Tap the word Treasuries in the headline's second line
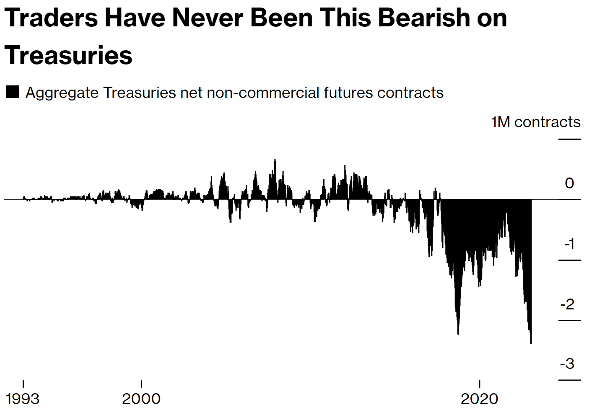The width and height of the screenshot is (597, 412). click(x=68, y=56)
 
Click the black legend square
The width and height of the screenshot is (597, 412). click(x=13, y=92)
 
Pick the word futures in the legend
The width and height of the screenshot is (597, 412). click(x=348, y=93)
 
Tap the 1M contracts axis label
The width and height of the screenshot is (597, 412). click(x=535, y=122)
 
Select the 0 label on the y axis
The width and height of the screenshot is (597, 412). click(x=569, y=183)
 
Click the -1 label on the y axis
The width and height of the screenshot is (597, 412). click(x=569, y=244)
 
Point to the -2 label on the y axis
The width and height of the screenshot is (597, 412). click(x=567, y=304)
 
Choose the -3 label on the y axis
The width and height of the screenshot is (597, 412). click(x=567, y=364)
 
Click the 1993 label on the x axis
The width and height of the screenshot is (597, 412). click(x=23, y=399)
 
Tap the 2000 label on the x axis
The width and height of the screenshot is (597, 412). click(x=141, y=399)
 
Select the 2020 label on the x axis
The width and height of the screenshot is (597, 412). click(x=479, y=399)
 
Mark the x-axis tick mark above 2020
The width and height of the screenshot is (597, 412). click(x=479, y=384)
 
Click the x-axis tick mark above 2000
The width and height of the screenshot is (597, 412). click(x=141, y=384)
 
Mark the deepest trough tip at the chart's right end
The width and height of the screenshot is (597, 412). click(x=531, y=343)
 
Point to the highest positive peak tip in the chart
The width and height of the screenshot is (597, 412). click(x=275, y=160)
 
